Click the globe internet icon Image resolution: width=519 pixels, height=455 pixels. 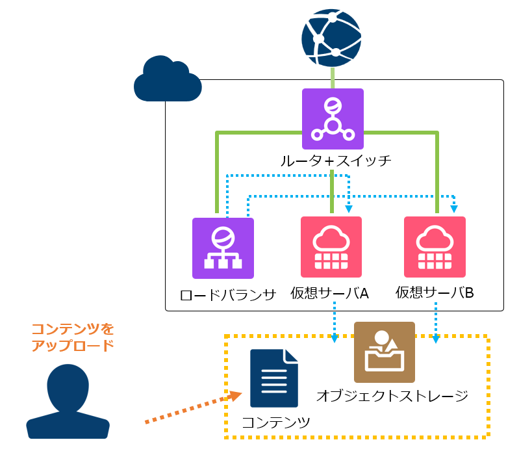[332, 37]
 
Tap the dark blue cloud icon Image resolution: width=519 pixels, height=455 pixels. [167, 79]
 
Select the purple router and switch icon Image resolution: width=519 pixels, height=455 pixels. [333, 119]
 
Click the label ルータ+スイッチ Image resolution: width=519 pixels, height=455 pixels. [336, 160]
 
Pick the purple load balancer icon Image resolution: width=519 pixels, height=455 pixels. [223, 248]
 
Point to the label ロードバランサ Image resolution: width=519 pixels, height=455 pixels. [228, 294]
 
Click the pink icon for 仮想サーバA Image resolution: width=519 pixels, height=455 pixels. [331, 247]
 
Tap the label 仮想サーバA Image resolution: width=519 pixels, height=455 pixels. [334, 294]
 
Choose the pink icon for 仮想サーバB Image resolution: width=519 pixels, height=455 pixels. [435, 247]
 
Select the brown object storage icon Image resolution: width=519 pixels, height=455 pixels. [385, 352]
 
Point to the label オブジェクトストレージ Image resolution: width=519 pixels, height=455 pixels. [392, 395]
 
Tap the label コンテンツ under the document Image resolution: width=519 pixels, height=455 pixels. [276, 422]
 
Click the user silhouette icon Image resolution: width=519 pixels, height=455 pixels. [68, 400]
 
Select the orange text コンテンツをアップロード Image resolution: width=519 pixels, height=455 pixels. [73, 337]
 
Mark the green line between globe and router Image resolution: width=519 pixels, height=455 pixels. [333, 77]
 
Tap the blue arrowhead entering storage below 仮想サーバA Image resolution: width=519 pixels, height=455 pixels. [334, 338]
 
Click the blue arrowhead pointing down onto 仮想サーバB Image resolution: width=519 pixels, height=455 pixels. [454, 209]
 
